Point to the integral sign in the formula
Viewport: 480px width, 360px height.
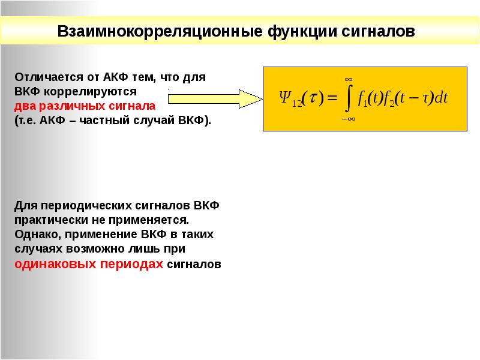(347, 99)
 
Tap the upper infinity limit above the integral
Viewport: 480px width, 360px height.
(347, 79)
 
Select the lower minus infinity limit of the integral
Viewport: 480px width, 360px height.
(347, 120)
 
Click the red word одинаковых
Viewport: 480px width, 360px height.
(55, 264)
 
